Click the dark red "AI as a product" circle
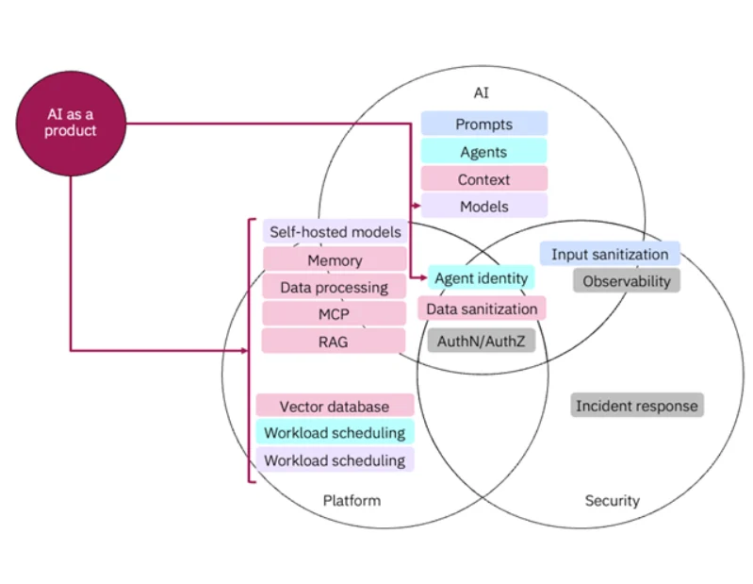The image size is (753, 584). click(71, 123)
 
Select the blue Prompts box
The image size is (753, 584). click(483, 124)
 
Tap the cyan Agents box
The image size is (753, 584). click(483, 152)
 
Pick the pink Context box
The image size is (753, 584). click(483, 179)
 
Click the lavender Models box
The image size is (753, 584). click(483, 206)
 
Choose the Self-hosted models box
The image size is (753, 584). click(335, 232)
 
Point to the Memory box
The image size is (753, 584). click(335, 259)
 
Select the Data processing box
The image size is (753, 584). click(335, 287)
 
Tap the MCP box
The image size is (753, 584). click(335, 314)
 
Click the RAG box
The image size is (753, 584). click(335, 342)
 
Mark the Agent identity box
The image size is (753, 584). click(481, 278)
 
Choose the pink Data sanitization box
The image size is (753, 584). click(482, 309)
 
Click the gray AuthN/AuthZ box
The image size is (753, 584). click(481, 341)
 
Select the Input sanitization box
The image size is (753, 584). click(610, 254)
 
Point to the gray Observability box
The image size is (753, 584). click(626, 280)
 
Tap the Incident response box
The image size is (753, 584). click(637, 406)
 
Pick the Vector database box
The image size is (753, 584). click(335, 407)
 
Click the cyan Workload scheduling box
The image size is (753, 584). click(335, 433)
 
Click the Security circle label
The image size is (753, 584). click(612, 500)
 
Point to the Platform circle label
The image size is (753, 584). click(352, 500)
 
